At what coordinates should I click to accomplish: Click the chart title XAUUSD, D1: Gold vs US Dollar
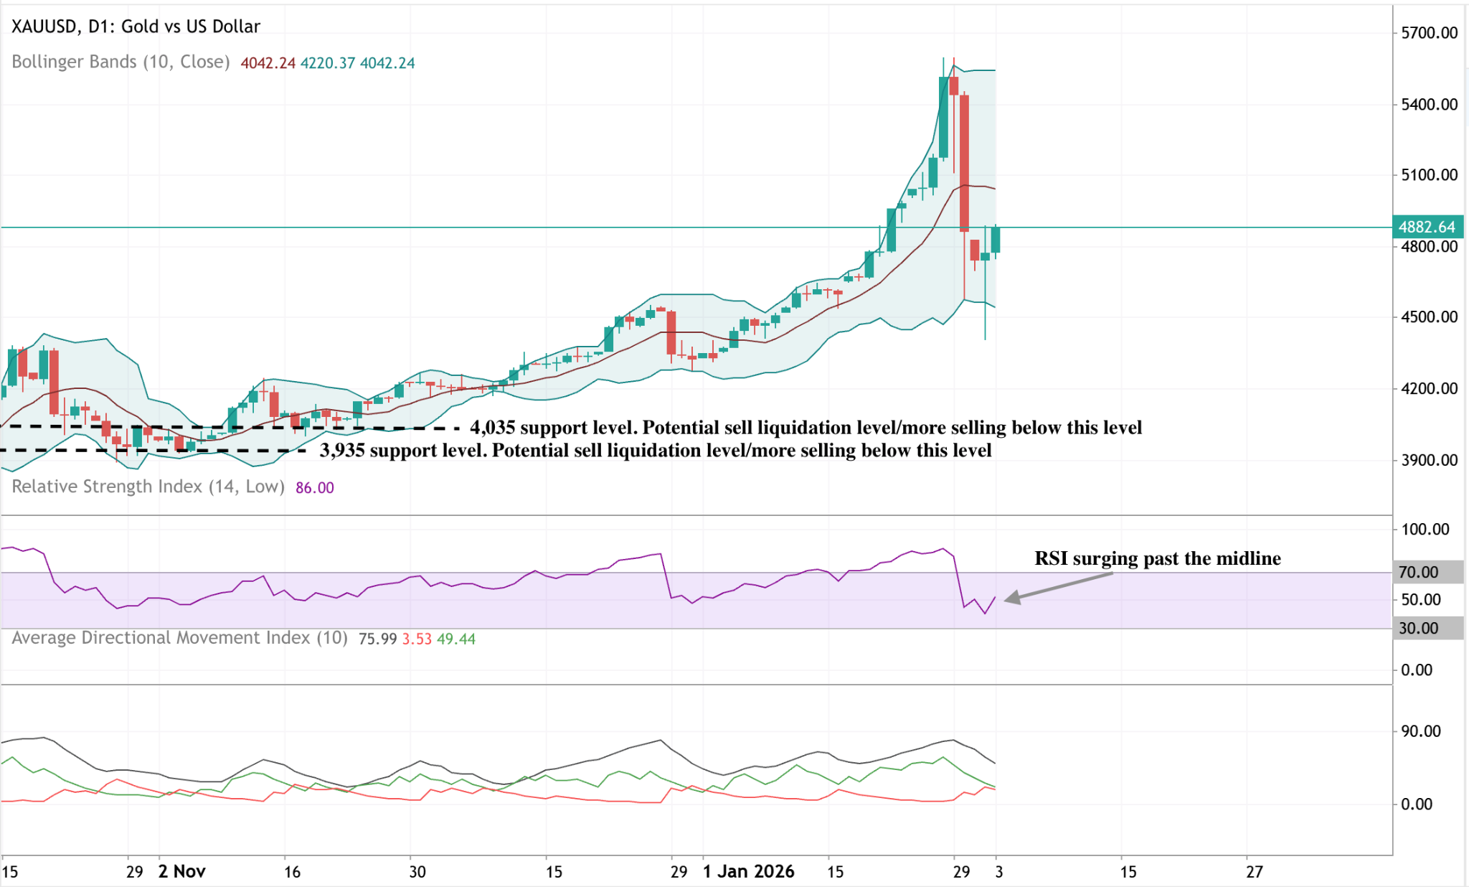pyautogui.click(x=136, y=27)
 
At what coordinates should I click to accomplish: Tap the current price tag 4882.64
pyautogui.click(x=1427, y=227)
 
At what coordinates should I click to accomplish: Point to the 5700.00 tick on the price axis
pyautogui.click(x=1429, y=32)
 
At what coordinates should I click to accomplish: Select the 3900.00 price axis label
pyautogui.click(x=1429, y=460)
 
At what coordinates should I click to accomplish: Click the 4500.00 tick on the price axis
pyautogui.click(x=1429, y=316)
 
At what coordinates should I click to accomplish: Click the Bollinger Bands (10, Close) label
pyautogui.click(x=121, y=62)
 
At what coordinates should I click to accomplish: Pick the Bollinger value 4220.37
pyautogui.click(x=327, y=63)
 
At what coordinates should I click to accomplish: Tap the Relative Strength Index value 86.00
pyautogui.click(x=314, y=488)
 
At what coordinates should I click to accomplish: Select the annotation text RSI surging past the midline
pyautogui.click(x=1157, y=558)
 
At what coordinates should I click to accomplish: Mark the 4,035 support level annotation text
pyautogui.click(x=806, y=428)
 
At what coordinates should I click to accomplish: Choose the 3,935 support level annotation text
pyautogui.click(x=656, y=451)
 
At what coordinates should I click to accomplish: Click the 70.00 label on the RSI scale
pyautogui.click(x=1419, y=572)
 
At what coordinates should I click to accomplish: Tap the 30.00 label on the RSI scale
pyautogui.click(x=1419, y=628)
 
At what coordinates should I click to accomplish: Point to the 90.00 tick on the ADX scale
pyautogui.click(x=1420, y=731)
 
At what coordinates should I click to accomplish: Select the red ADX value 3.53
pyautogui.click(x=417, y=639)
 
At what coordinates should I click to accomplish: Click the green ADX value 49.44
pyautogui.click(x=456, y=639)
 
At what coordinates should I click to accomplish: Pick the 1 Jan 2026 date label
pyautogui.click(x=748, y=871)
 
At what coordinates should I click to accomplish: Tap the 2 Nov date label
pyautogui.click(x=181, y=871)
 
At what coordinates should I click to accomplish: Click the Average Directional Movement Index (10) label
pyautogui.click(x=179, y=638)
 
